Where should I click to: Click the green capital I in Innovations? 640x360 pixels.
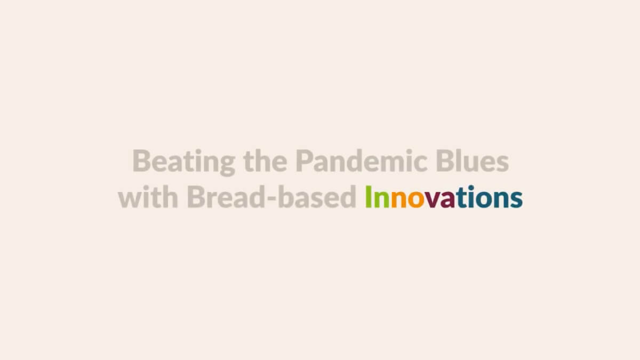368,197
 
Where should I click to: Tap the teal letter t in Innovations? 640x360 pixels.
461,198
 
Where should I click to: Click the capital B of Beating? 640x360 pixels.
141,162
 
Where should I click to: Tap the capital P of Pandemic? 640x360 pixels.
305,162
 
